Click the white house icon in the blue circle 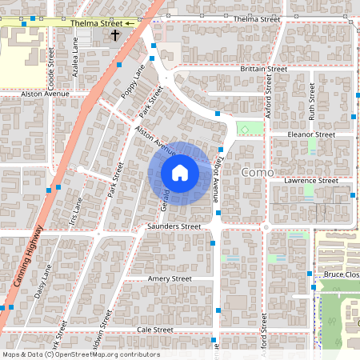tap(180, 172)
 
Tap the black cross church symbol tap(114, 35)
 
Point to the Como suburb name tap(258, 172)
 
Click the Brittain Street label tap(263, 70)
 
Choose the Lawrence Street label tap(311, 181)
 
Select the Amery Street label tap(170, 278)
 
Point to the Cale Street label tap(155, 330)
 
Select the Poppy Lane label tap(133, 85)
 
